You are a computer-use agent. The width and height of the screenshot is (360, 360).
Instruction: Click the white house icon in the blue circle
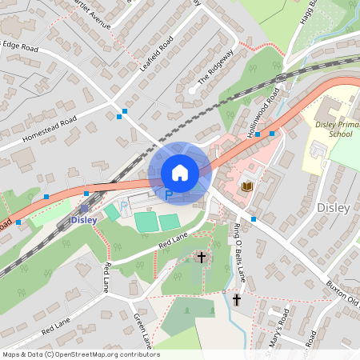[x=180, y=173]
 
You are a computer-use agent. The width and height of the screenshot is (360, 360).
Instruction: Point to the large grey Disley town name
[x=334, y=208]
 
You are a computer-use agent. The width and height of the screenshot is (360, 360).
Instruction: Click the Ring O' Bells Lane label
[x=238, y=254]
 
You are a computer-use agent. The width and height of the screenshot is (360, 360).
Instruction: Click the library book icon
[x=247, y=186]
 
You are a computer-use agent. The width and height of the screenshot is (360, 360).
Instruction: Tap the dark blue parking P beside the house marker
[x=168, y=194]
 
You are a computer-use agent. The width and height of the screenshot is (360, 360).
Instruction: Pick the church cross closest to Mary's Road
[x=236, y=299]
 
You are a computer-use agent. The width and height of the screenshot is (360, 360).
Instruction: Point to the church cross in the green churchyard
[x=201, y=258]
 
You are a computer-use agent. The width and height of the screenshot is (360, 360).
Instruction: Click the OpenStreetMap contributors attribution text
[x=81, y=354]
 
